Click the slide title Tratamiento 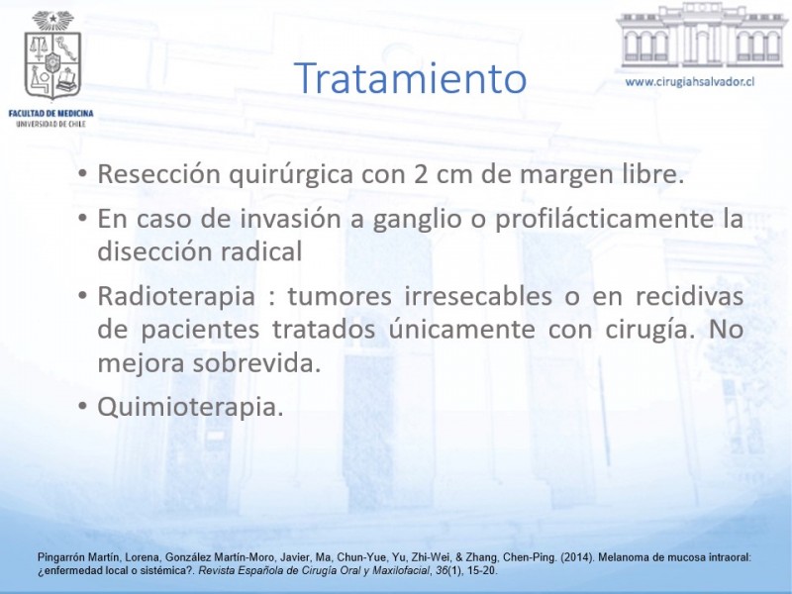coord(410,78)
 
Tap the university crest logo coord(52,55)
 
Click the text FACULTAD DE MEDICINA coord(51,113)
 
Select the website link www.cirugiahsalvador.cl coord(689,82)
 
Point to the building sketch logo coord(701,36)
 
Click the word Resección coord(159,174)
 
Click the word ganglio coord(417,220)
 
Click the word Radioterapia coord(176,296)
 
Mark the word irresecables coord(478,296)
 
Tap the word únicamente coord(461,330)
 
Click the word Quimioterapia coord(190,407)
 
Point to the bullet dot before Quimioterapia coord(83,407)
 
